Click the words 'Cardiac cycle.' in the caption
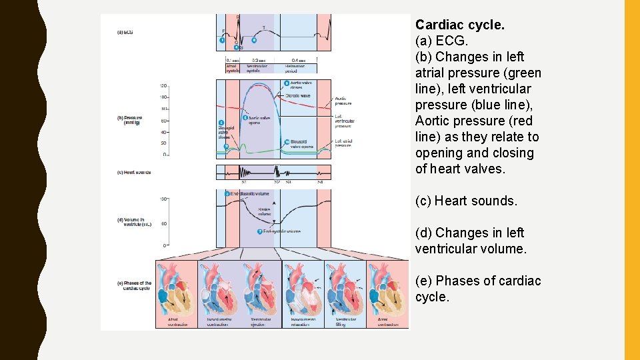click(460, 25)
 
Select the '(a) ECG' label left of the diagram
click(125, 32)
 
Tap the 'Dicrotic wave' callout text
click(297, 95)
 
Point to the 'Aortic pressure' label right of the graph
click(343, 101)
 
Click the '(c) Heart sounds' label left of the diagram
click(133, 172)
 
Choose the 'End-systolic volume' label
click(281, 231)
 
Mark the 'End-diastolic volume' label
click(250, 193)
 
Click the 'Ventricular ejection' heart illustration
click(261, 286)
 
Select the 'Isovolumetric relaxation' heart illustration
click(303, 286)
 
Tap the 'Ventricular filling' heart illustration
click(345, 286)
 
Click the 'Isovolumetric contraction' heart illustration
click(219, 286)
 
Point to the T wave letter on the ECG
click(263, 27)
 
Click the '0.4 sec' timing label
click(290, 60)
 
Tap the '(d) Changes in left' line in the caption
click(469, 233)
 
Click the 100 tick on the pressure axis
click(163, 97)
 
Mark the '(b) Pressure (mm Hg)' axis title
click(131, 120)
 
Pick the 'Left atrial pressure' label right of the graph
click(343, 142)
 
